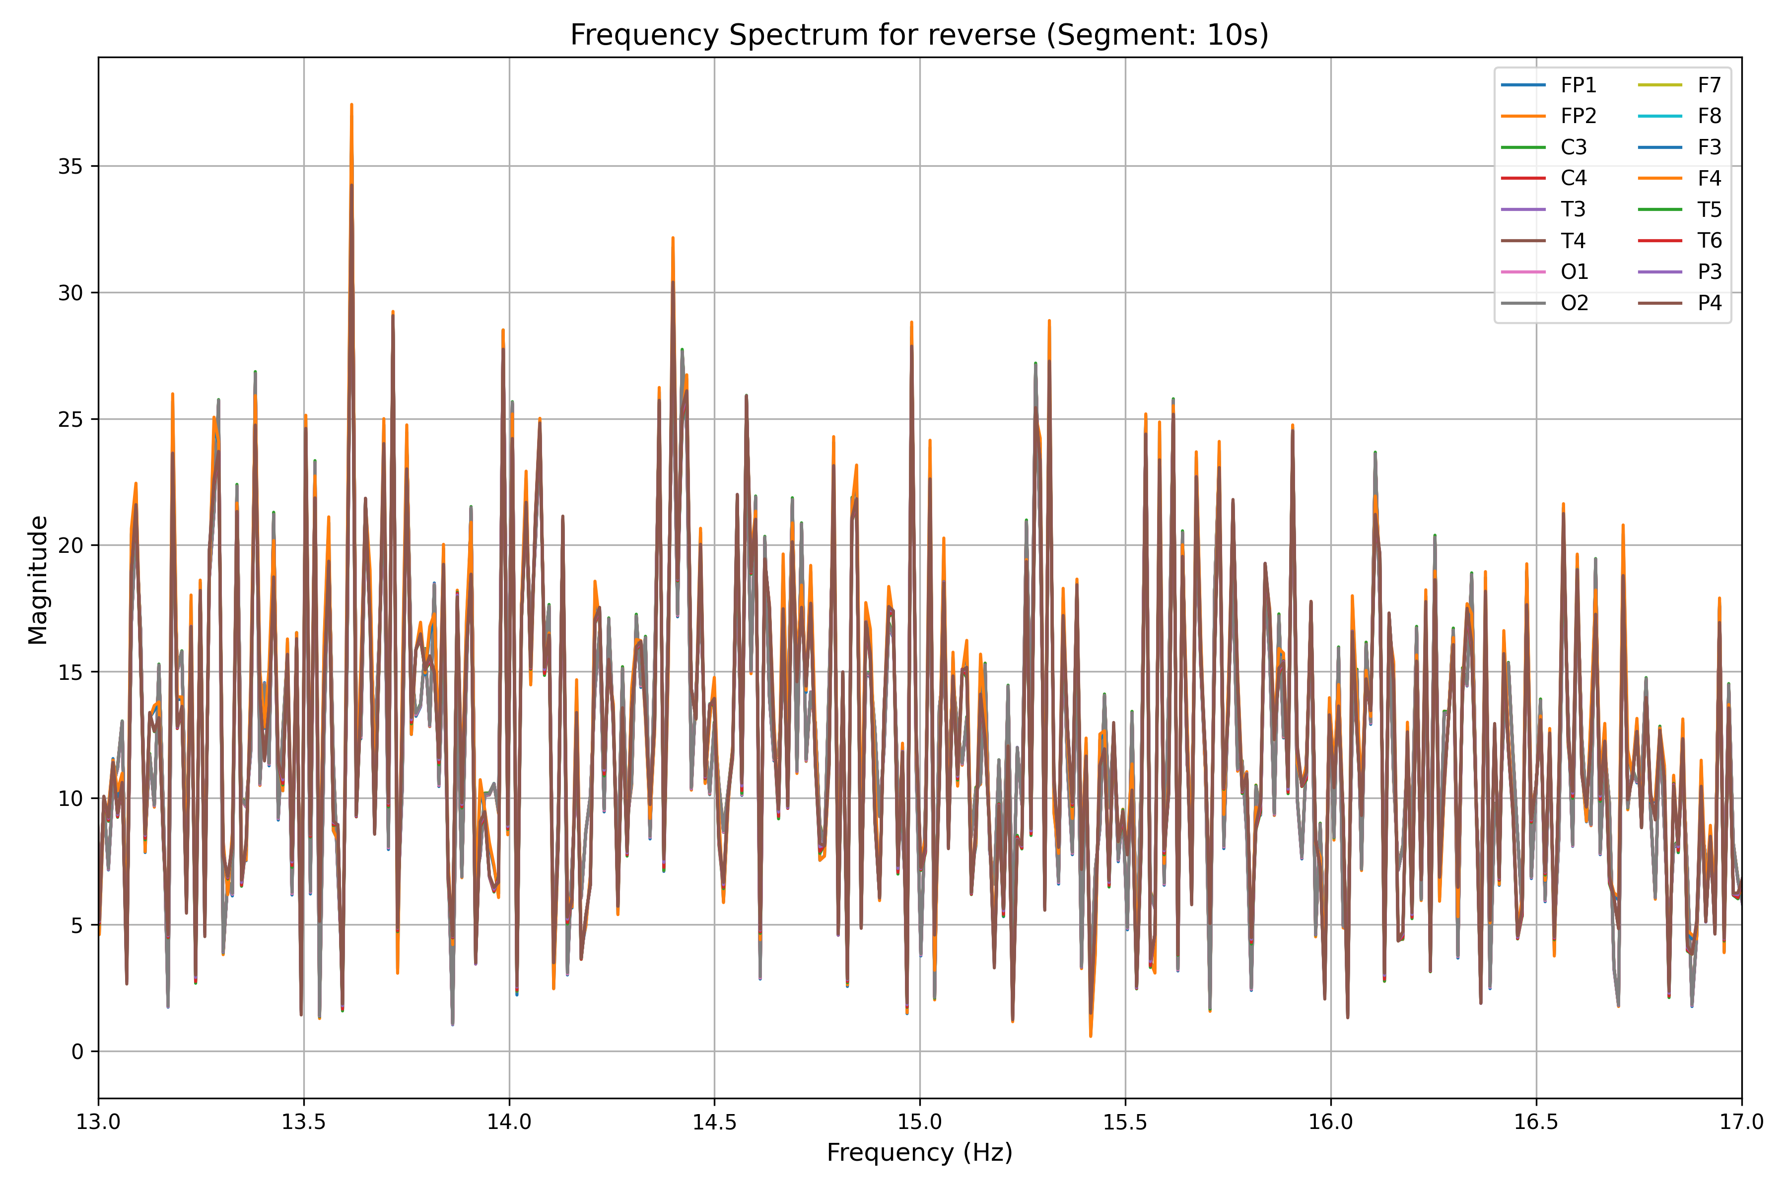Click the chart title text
pyautogui.click(x=919, y=35)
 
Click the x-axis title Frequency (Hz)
pyautogui.click(x=919, y=1152)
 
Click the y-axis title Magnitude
pyautogui.click(x=38, y=580)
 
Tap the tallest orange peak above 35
pyautogui.click(x=351, y=106)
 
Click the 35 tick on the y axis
pyautogui.click(x=70, y=166)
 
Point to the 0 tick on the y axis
pyautogui.click(x=77, y=1052)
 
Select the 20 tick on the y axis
pyautogui.click(x=70, y=545)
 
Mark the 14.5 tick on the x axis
pyautogui.click(x=714, y=1122)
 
